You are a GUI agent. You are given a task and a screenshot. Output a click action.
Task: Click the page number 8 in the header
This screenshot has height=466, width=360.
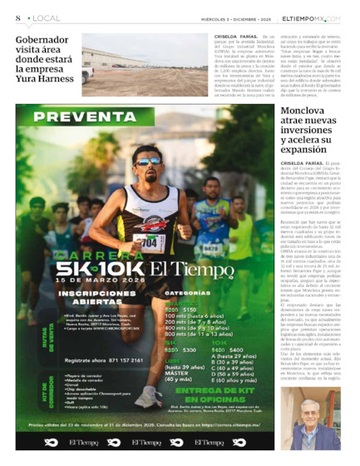click(17, 17)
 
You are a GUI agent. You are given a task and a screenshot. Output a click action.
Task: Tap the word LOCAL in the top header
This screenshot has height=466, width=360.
click(41, 17)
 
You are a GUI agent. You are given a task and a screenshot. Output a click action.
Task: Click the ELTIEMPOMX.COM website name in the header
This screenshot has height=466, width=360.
click(310, 17)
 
